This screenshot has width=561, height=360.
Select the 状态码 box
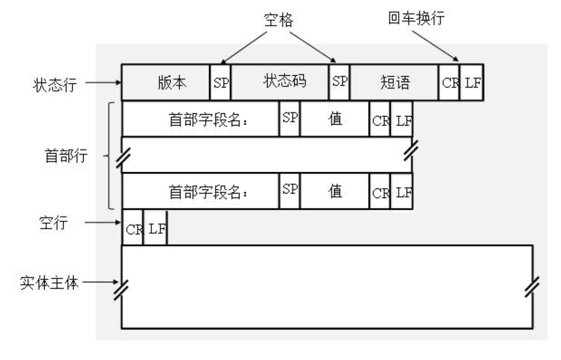click(x=280, y=82)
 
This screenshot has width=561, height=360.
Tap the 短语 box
click(x=394, y=83)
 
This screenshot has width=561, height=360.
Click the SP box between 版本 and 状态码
click(x=221, y=83)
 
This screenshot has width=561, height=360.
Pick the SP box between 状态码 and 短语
click(x=339, y=82)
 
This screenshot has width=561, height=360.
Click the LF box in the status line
click(x=472, y=83)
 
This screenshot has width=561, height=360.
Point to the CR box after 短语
click(x=449, y=83)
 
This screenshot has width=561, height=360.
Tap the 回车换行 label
click(x=417, y=19)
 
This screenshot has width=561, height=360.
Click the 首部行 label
click(x=66, y=156)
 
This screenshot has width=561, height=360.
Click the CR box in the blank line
click(x=133, y=228)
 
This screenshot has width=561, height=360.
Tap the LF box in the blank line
click(x=155, y=228)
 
